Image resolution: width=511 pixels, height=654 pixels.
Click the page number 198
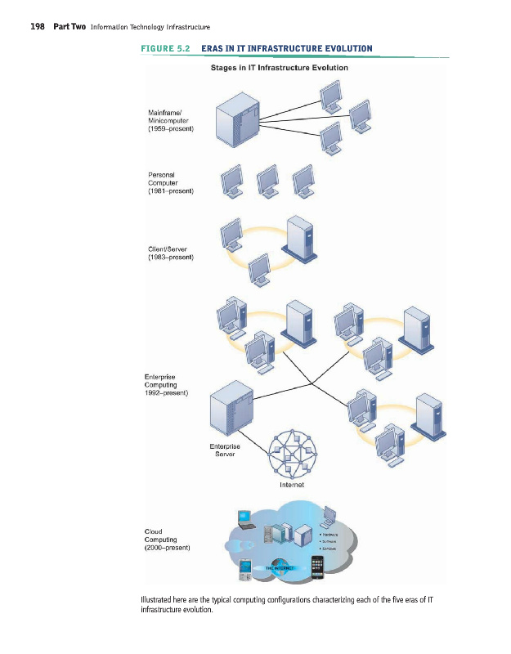tap(37, 27)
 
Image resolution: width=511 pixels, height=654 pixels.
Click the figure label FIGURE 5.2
tap(166, 49)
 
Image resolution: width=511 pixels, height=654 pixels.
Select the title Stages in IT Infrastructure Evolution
tap(279, 67)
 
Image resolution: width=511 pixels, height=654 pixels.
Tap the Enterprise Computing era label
tap(166, 384)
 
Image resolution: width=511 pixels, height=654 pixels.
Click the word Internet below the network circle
tap(292, 485)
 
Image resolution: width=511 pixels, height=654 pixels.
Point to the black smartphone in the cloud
tap(317, 565)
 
